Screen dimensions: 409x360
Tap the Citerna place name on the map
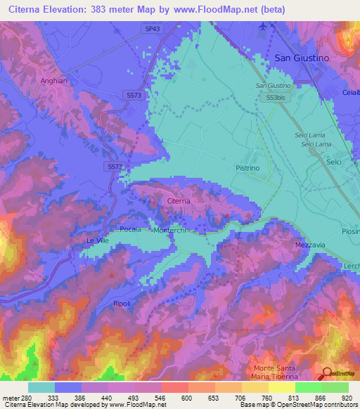click(179, 202)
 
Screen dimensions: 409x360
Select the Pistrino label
click(247, 169)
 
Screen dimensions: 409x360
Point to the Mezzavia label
click(310, 245)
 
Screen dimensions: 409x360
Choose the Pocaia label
click(131, 229)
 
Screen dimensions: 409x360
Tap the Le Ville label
click(98, 240)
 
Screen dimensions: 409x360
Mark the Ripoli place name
click(122, 303)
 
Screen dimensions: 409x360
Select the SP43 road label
click(153, 28)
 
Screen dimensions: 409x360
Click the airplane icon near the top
click(263, 26)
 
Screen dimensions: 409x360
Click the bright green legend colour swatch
click(308, 387)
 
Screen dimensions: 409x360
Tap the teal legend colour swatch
click(41, 387)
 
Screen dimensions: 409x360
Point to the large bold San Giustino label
click(302, 59)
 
